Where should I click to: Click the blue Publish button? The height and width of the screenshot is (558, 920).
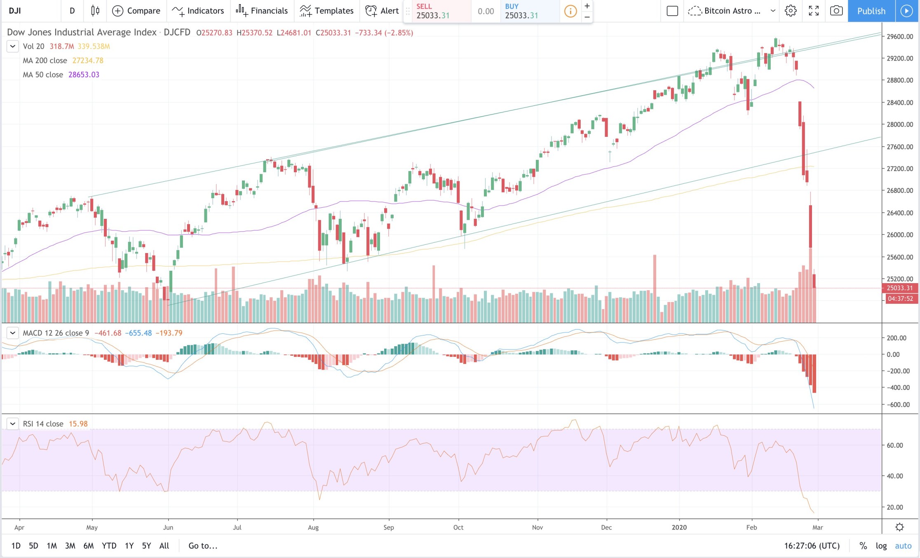coord(871,11)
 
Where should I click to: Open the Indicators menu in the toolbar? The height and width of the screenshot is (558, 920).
coord(198,11)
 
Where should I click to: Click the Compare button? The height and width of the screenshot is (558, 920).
coord(136,11)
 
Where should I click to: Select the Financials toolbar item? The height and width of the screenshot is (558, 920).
coord(262,11)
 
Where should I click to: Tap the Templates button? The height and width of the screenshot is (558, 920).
coord(326,11)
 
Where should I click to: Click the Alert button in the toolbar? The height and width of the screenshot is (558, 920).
coord(382,11)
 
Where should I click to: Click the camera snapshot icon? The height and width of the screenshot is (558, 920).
coord(836,11)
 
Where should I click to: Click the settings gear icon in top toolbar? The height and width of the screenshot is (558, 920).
coord(790,11)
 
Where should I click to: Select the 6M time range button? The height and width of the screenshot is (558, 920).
coord(88,546)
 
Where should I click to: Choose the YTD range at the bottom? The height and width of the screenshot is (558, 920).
coord(109,546)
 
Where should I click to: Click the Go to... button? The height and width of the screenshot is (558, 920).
coord(203,546)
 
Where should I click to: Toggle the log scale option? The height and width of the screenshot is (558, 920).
coord(881,546)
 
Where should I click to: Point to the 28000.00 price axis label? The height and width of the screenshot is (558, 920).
coord(900,124)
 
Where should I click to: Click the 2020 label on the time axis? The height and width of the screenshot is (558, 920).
coord(679,528)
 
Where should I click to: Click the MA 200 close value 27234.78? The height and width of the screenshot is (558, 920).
coord(88,61)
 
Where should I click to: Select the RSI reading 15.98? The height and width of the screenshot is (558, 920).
coord(78,424)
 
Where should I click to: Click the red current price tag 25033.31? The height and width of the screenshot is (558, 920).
coord(899,288)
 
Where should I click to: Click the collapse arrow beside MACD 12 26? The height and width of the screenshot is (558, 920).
coord(12,333)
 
